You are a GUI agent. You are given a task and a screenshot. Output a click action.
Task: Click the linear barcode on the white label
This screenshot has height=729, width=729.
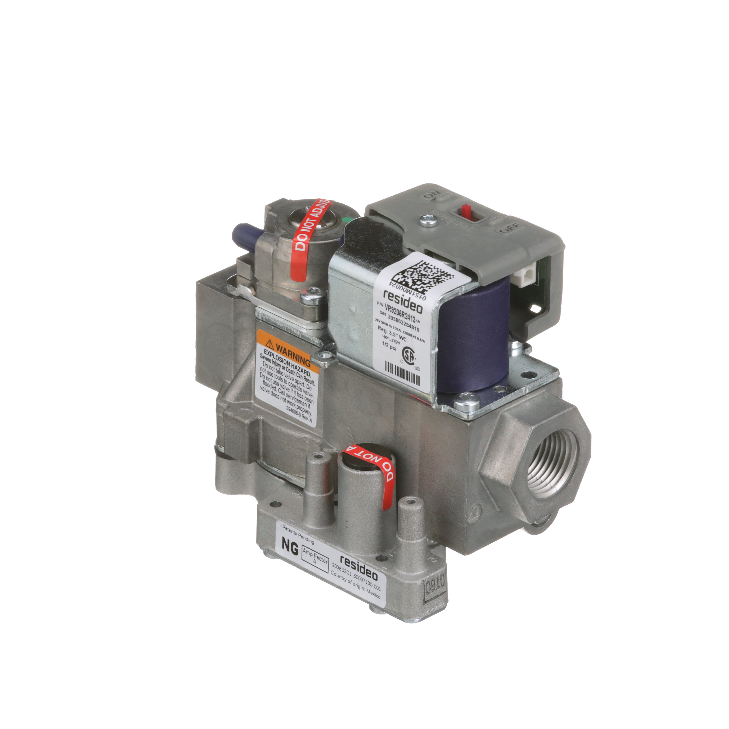[x=402, y=373]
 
